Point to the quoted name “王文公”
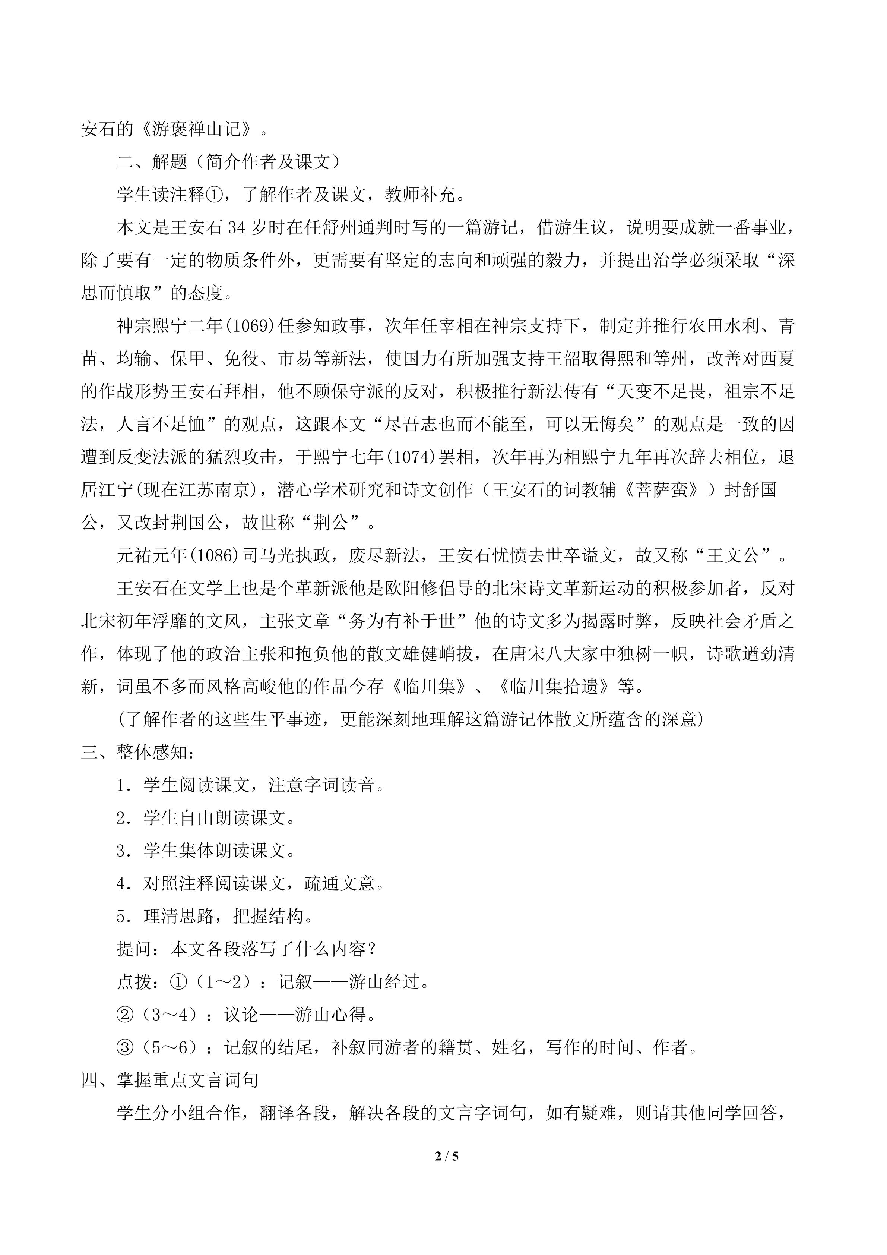pyautogui.click(x=733, y=555)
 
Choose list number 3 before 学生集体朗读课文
pyautogui.click(x=121, y=851)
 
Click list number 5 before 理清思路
pyautogui.click(x=121, y=916)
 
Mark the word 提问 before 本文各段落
pyautogui.click(x=134, y=949)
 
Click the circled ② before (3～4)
pyautogui.click(x=125, y=1015)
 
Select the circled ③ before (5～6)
pyautogui.click(x=125, y=1047)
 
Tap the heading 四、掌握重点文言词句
pyautogui.click(x=170, y=1080)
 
